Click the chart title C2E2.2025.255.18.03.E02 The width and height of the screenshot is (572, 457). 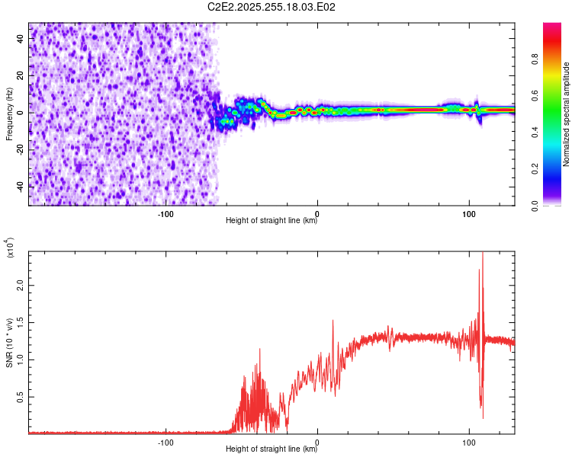pos(272,7)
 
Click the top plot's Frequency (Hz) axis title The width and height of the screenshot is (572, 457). pos(9,113)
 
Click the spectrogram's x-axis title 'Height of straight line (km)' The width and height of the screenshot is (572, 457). pos(272,221)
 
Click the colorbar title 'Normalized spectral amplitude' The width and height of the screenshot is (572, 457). pos(566,114)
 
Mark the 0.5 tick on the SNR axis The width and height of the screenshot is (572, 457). pos(21,396)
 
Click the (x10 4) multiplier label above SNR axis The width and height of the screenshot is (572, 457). pos(11,247)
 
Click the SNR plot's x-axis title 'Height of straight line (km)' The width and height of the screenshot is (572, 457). pos(272,450)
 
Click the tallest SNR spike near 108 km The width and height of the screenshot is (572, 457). pos(482,255)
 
